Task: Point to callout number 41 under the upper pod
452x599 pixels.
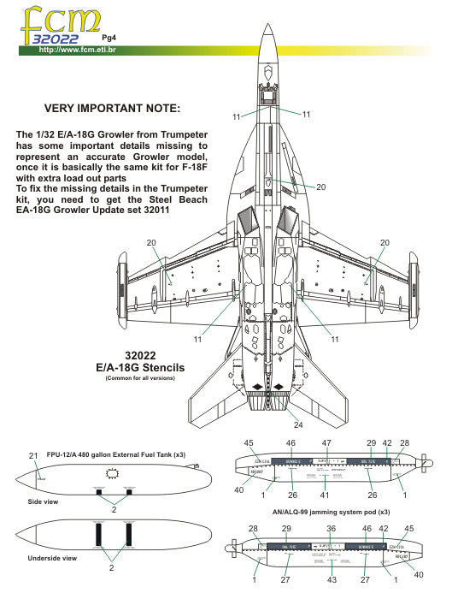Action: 326,495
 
